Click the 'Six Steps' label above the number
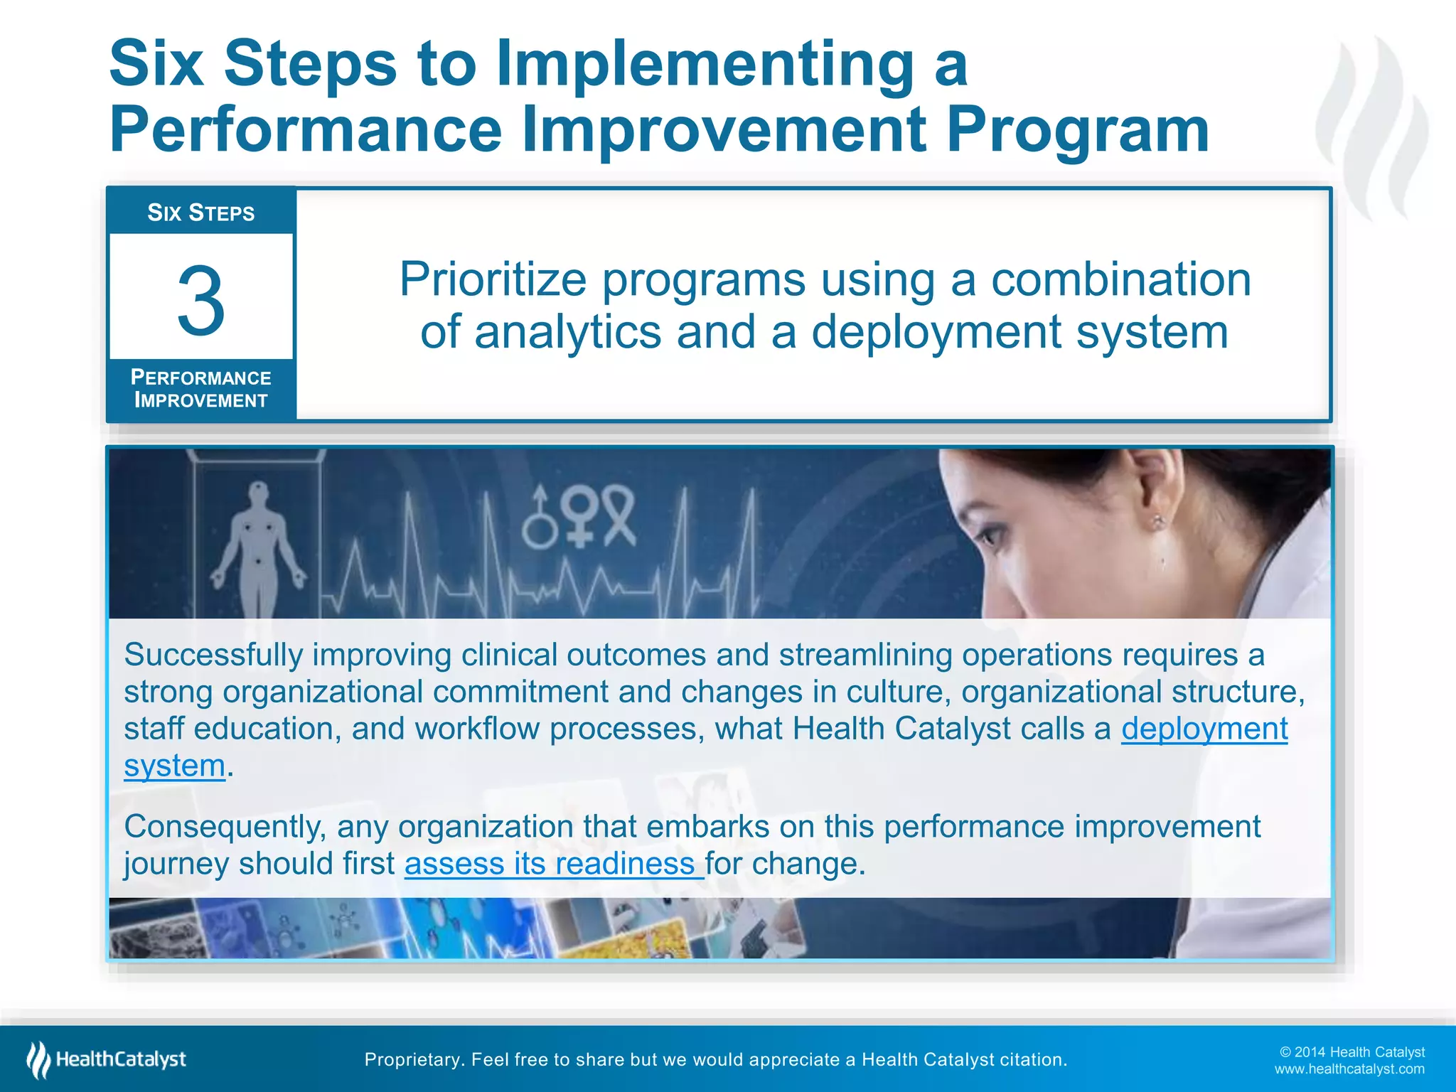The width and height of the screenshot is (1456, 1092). pyautogui.click(x=201, y=213)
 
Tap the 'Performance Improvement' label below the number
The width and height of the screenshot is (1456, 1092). pyautogui.click(x=201, y=389)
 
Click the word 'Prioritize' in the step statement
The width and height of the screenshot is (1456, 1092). pyautogui.click(x=492, y=279)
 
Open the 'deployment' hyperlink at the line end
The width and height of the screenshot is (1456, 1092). pyautogui.click(x=1204, y=729)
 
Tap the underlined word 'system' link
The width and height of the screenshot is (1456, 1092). pyautogui.click(x=175, y=766)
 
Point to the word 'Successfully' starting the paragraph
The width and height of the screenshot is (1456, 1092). pyautogui.click(x=213, y=655)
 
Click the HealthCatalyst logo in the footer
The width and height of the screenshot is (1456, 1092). pyautogui.click(x=107, y=1059)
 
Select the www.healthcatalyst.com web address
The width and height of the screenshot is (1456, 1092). pyautogui.click(x=1349, y=1069)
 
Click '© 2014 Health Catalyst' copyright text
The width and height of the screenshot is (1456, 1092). pyautogui.click(x=1351, y=1052)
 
